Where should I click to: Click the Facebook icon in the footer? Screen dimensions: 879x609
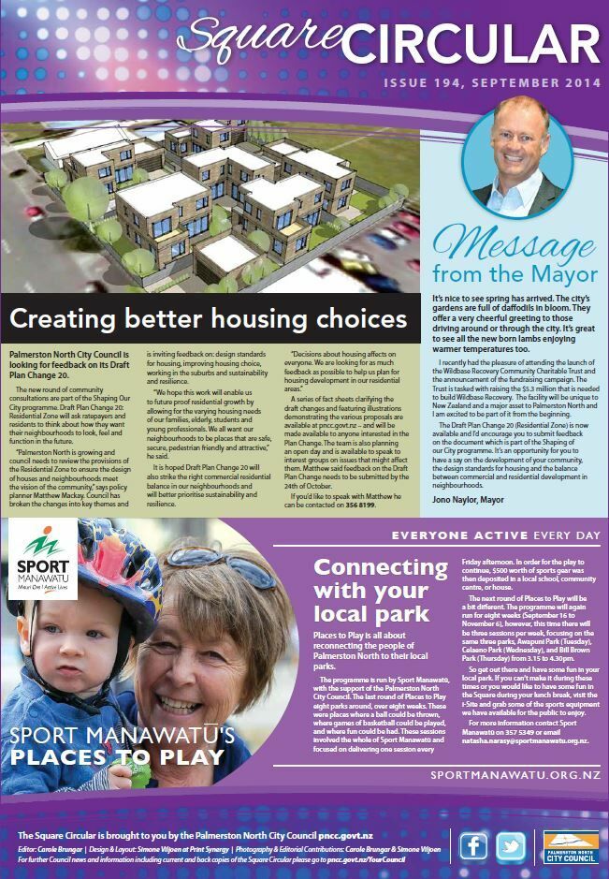(x=474, y=846)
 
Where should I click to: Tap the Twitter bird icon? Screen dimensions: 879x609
(x=511, y=846)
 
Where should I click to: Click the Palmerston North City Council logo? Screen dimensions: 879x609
(x=570, y=846)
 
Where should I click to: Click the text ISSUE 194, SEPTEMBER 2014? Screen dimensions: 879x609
(x=489, y=84)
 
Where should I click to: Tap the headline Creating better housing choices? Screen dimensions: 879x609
(x=209, y=321)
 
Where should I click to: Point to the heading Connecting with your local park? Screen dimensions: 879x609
(x=371, y=591)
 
